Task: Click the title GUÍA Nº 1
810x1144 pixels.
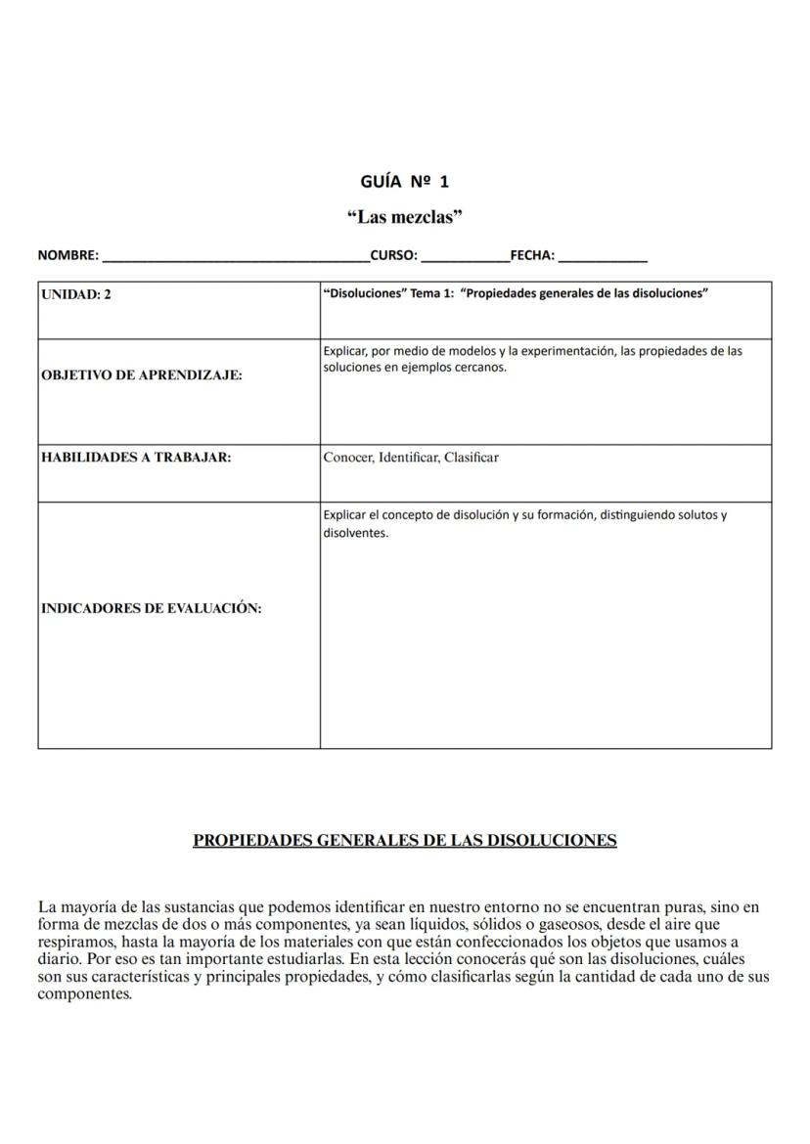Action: pos(404,182)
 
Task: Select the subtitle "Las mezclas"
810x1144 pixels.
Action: pos(404,217)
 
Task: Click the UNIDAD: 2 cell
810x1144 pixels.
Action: pos(76,294)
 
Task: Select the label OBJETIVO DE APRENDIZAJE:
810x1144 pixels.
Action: pos(141,374)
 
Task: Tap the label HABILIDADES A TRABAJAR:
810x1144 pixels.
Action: pos(136,457)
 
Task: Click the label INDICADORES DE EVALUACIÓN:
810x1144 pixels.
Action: pos(151,608)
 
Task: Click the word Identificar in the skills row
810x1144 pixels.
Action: pos(409,457)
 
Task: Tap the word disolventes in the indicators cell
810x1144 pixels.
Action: pos(355,533)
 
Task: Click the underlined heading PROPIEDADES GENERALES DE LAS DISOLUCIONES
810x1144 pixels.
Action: pos(404,840)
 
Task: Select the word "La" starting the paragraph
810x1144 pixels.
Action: pos(46,907)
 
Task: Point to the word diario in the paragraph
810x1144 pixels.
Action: pos(57,959)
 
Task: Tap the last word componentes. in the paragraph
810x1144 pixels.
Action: pos(84,994)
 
